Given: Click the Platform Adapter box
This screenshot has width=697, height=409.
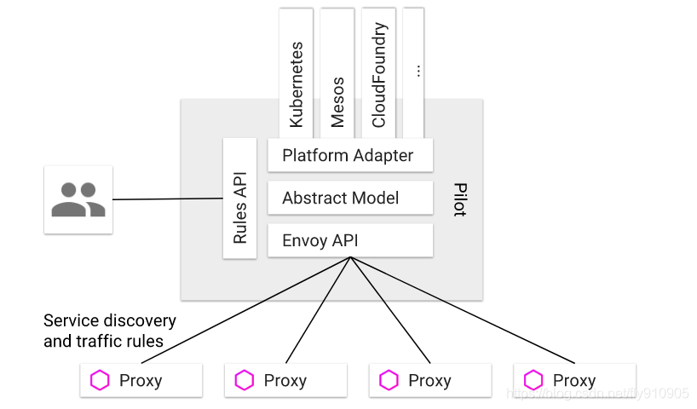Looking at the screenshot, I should [349, 156].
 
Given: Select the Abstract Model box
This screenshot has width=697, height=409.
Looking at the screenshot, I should [349, 198].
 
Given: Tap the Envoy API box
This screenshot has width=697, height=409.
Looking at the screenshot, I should [349, 240].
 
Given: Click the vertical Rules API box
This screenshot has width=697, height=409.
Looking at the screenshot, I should [240, 199].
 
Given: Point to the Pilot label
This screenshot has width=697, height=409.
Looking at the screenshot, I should [459, 199].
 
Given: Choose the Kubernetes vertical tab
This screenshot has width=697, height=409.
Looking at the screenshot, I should [296, 72].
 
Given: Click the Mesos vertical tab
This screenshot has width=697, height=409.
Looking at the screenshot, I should [337, 72].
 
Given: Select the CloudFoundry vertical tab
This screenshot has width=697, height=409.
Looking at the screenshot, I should [379, 72].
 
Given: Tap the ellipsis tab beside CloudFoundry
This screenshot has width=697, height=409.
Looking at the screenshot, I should [414, 72].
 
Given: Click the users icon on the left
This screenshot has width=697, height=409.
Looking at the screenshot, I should [78, 199].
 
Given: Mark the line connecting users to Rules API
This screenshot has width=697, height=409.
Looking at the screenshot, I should [167, 199].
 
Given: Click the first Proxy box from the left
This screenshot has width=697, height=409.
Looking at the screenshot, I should [141, 380].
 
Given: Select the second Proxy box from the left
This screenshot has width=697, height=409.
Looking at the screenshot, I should [285, 380].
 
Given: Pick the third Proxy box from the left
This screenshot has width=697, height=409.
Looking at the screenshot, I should [430, 380].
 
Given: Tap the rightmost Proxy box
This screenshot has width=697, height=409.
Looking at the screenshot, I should [575, 380].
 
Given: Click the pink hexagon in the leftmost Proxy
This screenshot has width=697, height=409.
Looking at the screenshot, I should [101, 380].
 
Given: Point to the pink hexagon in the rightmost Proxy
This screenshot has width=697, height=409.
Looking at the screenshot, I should [534, 380].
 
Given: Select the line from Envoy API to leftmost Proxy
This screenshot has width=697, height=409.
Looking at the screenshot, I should [239, 308].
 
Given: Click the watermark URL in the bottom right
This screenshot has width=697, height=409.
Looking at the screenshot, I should [596, 394].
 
